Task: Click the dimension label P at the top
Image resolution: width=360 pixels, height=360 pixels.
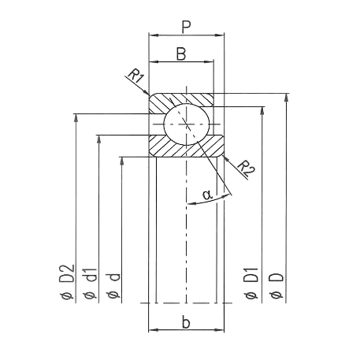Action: [x=186, y=26]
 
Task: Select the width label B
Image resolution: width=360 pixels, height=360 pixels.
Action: [x=181, y=54]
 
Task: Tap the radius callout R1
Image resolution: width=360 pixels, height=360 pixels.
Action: [x=136, y=77]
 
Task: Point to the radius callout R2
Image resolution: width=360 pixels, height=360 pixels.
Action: [x=247, y=168]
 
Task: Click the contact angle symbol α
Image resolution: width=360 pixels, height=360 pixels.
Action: [x=207, y=194]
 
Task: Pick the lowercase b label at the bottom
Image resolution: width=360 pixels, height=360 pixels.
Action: [x=186, y=322]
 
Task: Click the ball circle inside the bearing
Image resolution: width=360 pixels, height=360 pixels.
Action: [x=186, y=124]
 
